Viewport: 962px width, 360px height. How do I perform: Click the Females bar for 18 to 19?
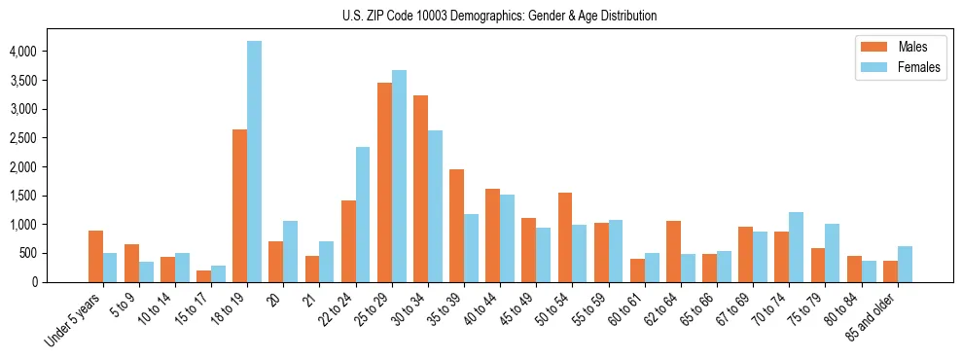(x=254, y=162)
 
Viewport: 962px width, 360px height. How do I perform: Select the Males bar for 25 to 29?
(x=384, y=183)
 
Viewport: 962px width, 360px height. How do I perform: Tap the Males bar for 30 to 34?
(x=420, y=189)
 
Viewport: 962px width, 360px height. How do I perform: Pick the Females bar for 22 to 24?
(x=363, y=215)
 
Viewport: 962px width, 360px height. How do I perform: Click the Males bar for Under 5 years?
(x=95, y=257)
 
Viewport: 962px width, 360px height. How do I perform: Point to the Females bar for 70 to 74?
(x=797, y=247)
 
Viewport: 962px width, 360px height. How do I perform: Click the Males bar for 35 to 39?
(x=456, y=226)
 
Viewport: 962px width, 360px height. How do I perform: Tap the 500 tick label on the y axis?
(x=59, y=254)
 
